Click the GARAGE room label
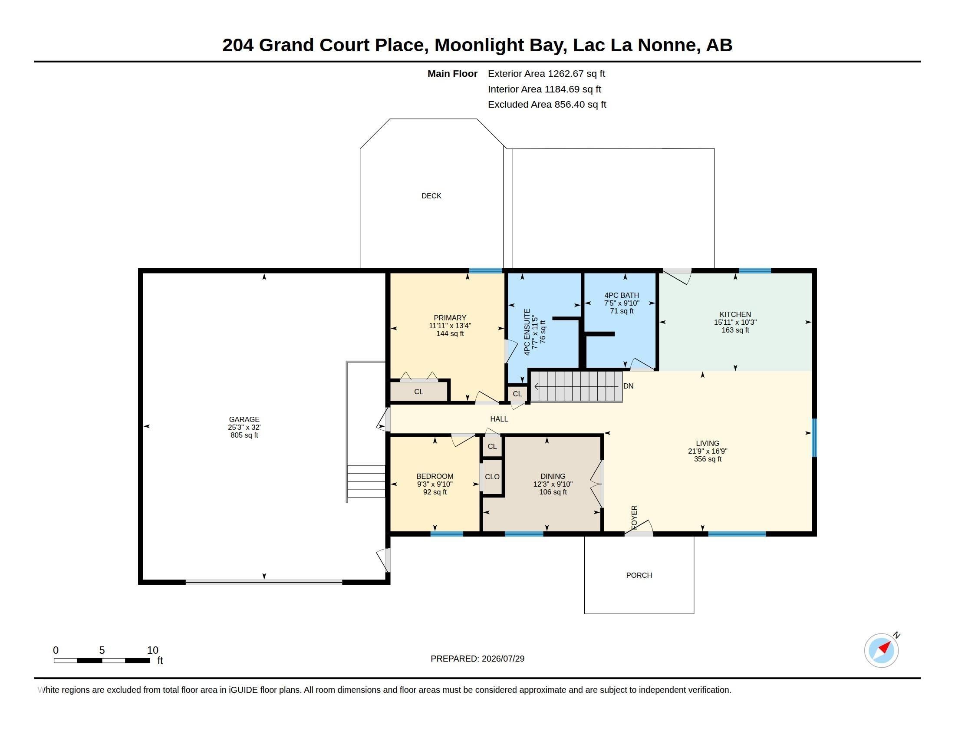pos(244,419)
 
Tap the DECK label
pos(431,196)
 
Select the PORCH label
pos(639,575)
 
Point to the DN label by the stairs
pos(629,386)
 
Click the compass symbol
pos(882,650)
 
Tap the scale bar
pos(102,661)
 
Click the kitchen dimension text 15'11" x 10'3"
pos(735,322)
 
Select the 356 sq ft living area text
pos(708,459)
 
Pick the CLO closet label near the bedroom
pos(492,477)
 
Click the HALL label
pos(499,419)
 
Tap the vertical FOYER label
pos(634,517)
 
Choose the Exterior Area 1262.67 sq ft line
pos(547,73)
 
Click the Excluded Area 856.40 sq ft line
pos(547,105)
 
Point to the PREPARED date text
pos(477,659)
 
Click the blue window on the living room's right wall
pos(814,438)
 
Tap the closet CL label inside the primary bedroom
pos(418,392)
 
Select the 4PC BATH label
pos(621,295)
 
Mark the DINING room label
pos(553,476)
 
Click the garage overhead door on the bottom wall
pos(263,582)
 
